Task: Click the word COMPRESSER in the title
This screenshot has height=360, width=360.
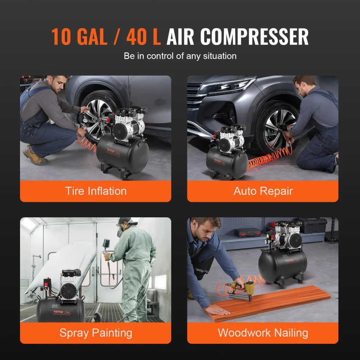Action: (255, 36)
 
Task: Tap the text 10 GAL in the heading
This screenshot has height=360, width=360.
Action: (79, 36)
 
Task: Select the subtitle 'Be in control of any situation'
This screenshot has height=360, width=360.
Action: (180, 56)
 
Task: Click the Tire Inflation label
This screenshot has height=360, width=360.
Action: (96, 191)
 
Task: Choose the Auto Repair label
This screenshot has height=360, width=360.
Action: (263, 191)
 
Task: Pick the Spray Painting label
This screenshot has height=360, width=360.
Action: (96, 333)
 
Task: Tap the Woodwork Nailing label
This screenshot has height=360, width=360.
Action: (263, 333)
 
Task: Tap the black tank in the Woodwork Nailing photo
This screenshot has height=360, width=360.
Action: (281, 265)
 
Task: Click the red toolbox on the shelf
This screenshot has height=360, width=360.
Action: (247, 232)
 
